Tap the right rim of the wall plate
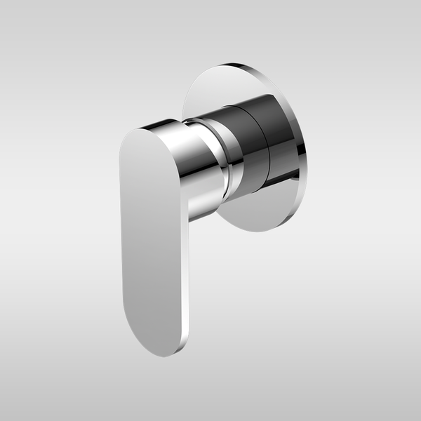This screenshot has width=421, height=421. tap(304, 140)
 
